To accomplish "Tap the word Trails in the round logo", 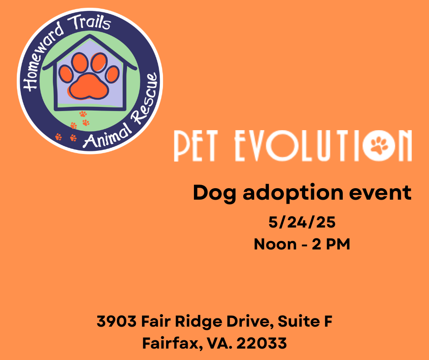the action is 89,22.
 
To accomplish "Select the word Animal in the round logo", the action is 107,136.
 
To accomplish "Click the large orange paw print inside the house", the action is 89,76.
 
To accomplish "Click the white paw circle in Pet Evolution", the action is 379,145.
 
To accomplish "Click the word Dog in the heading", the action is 214,193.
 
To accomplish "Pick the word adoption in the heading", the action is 293,193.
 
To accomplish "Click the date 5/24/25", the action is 302,222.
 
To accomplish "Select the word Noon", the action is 275,244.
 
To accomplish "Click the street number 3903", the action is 116,321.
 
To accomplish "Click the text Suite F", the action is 305,321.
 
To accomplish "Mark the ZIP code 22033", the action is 262,343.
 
